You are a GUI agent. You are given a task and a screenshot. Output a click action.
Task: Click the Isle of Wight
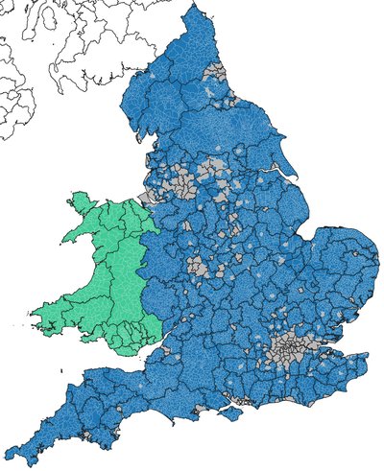click(x=230, y=413)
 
